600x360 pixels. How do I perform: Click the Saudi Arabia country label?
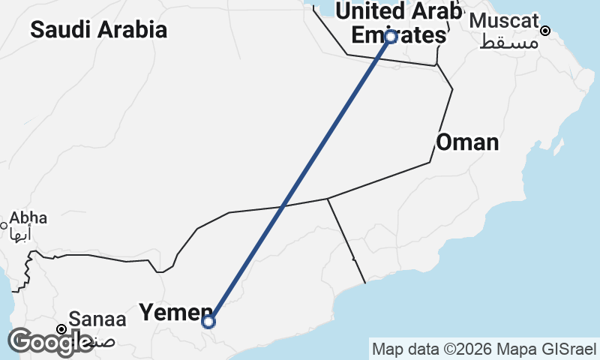pos(98,30)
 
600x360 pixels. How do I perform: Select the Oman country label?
pos(467,142)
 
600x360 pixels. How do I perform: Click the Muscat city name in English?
pos(504,20)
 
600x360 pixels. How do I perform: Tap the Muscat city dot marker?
pos(546,31)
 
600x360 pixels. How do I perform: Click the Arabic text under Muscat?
pos(509,41)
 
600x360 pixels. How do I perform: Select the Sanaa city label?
pos(97,319)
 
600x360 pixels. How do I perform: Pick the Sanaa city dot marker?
pos(62,328)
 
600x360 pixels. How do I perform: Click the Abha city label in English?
pos(28,218)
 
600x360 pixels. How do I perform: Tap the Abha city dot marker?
pos(4,224)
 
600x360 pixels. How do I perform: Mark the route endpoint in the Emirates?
pos(390,36)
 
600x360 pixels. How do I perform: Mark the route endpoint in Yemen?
pos(208,322)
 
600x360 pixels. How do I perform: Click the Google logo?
pos(51,342)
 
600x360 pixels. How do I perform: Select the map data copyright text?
pos(483,349)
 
